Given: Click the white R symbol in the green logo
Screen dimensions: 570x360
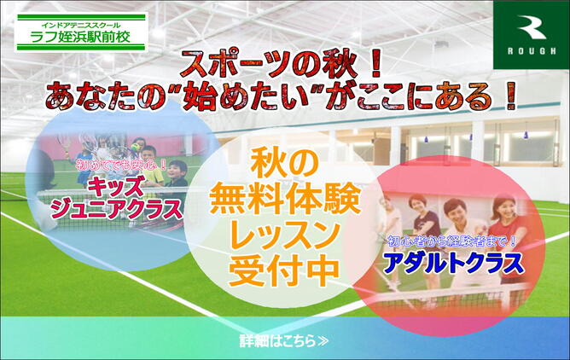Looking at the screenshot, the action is pyautogui.click(x=532, y=27).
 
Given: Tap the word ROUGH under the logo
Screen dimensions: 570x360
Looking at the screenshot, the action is pyautogui.click(x=532, y=51).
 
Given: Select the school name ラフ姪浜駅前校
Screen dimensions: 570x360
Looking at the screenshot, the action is pyautogui.click(x=80, y=37).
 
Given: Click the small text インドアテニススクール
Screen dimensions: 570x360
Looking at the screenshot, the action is pyautogui.click(x=81, y=26).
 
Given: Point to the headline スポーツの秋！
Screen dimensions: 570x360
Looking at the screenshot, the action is pyautogui.click(x=282, y=65).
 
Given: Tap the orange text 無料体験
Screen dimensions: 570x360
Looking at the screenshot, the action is pyautogui.click(x=285, y=200).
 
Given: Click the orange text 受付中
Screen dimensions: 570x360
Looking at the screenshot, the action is pyautogui.click(x=284, y=271).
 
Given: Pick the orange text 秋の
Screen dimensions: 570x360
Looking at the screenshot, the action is pyautogui.click(x=285, y=165).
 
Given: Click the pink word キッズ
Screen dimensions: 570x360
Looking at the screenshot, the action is pyautogui.click(x=116, y=186).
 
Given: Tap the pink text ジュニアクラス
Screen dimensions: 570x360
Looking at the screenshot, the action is pyautogui.click(x=116, y=209).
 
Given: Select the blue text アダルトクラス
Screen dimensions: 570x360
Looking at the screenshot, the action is pyautogui.click(x=454, y=264).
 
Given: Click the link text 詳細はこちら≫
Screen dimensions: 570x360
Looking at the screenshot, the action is pyautogui.click(x=284, y=341).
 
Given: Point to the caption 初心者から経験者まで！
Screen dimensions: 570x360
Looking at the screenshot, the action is pyautogui.click(x=452, y=241).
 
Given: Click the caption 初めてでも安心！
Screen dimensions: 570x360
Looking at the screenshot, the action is pyautogui.click(x=121, y=165).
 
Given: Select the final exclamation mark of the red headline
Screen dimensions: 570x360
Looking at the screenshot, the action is pyautogui.click(x=510, y=96).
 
